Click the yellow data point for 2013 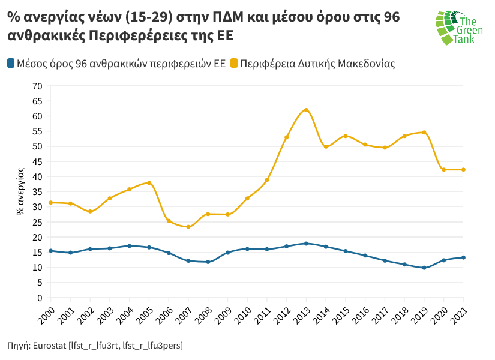point(306,110)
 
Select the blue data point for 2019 point(424,268)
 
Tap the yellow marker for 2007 point(188,227)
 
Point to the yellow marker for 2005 point(149,183)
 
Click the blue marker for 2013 point(306,244)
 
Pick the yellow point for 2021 point(463,170)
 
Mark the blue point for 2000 point(51,251)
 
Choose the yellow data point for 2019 point(424,133)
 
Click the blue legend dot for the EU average point(11,63)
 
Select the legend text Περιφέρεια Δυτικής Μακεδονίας point(317,63)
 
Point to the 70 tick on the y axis point(37,86)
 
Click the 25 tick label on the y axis point(37,222)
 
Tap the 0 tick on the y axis point(40,298)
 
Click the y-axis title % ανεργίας point(20,191)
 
